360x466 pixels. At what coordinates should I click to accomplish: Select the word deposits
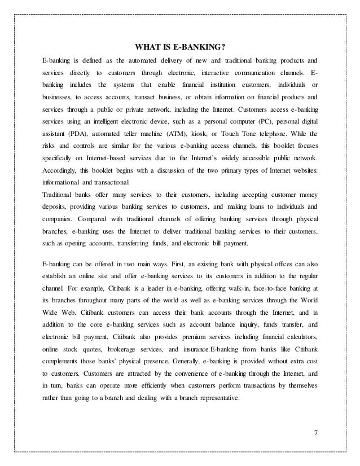(57, 207)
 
